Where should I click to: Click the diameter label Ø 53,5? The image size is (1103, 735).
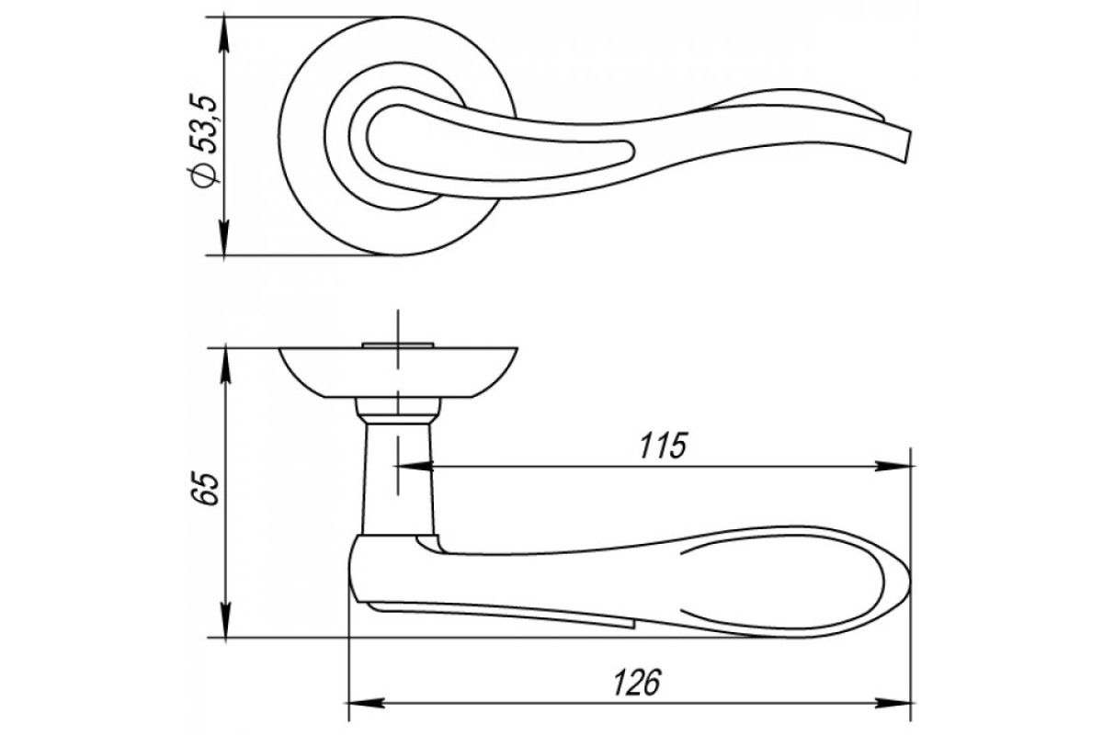(x=202, y=141)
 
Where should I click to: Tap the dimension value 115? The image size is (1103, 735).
(x=663, y=446)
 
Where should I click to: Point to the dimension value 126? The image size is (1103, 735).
(x=637, y=682)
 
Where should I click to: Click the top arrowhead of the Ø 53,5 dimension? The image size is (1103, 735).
(x=224, y=35)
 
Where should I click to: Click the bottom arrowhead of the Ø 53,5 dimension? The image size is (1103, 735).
(x=224, y=238)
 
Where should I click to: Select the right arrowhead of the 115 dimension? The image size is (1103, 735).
(x=893, y=466)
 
